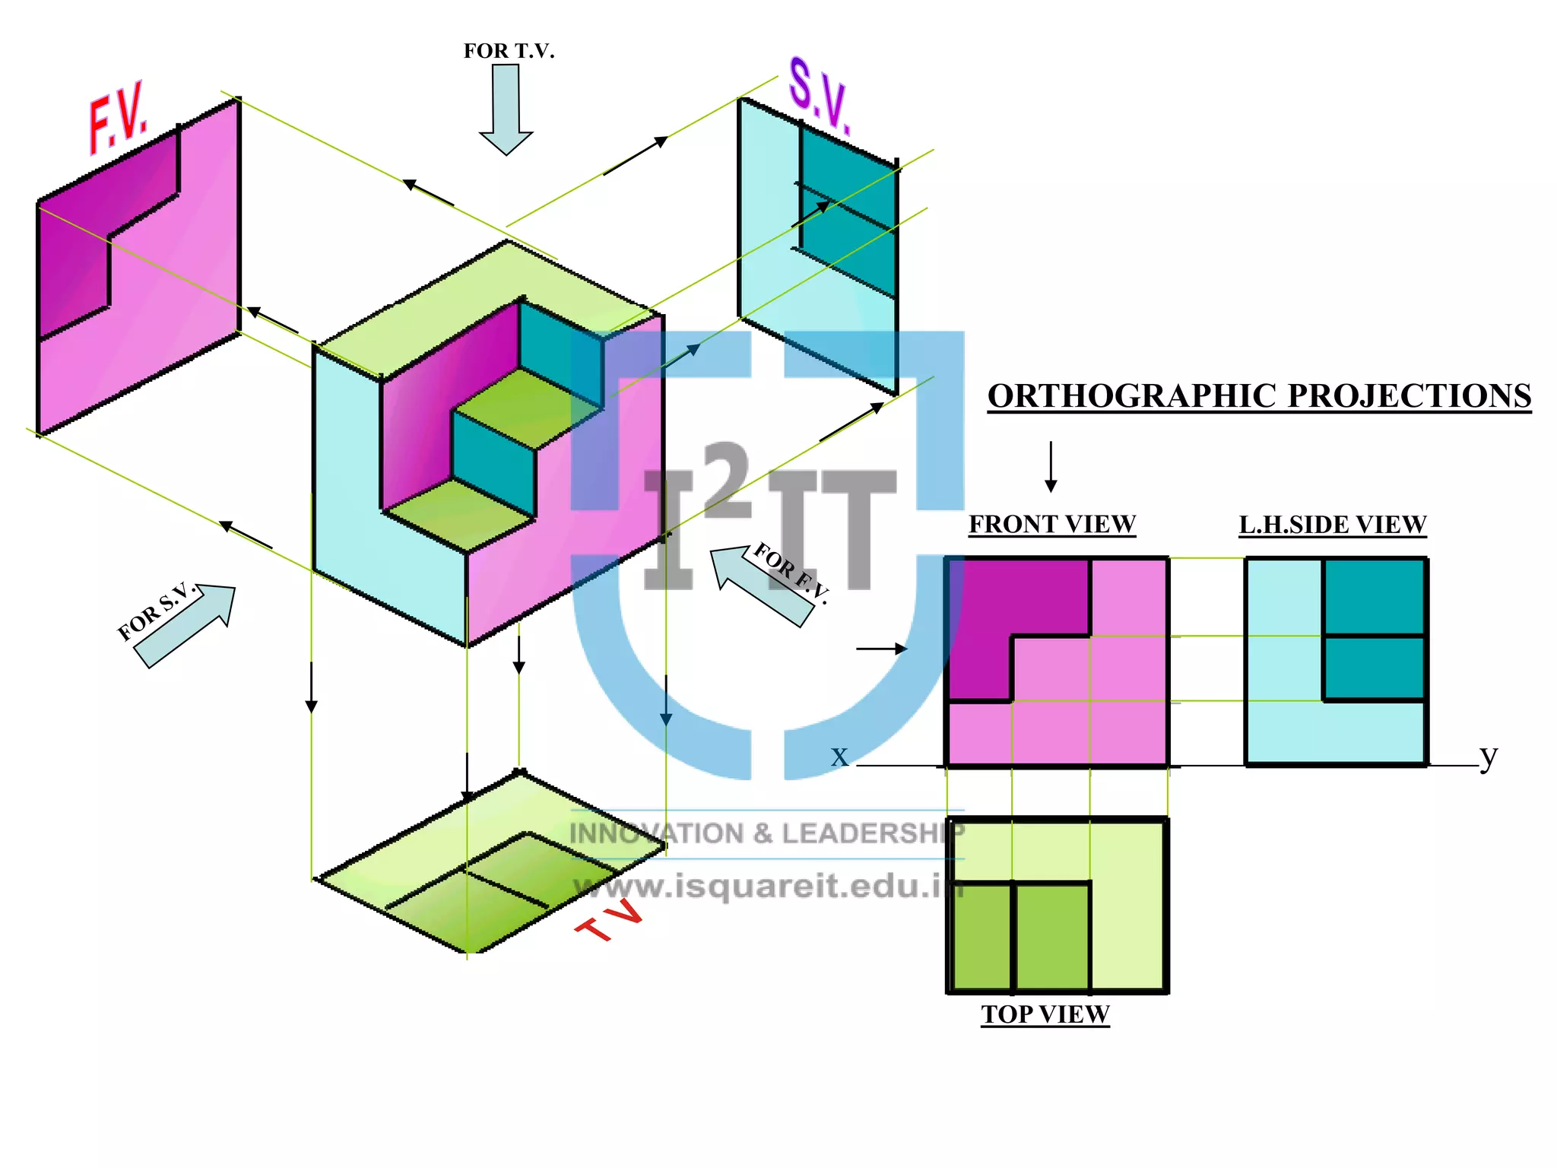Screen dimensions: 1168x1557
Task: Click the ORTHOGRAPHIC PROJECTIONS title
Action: pos(1259,396)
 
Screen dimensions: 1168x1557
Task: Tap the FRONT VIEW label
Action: pos(1051,524)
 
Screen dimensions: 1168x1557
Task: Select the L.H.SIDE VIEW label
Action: pos(1332,525)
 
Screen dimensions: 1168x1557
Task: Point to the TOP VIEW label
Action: pos(1045,1014)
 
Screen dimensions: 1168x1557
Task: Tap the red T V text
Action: pos(609,919)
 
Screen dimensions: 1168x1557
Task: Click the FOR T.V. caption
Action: pos(509,51)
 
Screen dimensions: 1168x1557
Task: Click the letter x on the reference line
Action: pos(839,756)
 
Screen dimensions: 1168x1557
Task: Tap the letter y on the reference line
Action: pos(1488,756)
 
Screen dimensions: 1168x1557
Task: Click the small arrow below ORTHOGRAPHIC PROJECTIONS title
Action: pos(1051,466)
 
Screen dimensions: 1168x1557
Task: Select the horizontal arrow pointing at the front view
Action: pos(882,649)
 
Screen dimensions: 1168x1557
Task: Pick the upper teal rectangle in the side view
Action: pos(1374,596)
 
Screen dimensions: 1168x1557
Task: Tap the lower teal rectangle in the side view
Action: pos(1374,668)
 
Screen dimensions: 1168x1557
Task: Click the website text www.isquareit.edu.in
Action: pos(768,886)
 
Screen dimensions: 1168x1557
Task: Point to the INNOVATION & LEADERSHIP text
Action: pos(766,833)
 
